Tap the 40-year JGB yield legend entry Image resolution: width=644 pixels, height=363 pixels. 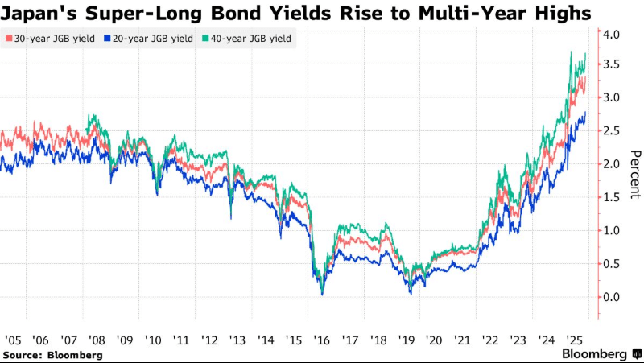(x=252, y=38)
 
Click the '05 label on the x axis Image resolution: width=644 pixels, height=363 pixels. (x=13, y=340)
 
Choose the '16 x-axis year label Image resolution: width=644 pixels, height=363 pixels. (x=322, y=340)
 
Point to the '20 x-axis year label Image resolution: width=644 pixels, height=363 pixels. (x=435, y=340)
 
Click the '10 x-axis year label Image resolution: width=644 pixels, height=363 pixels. (x=154, y=340)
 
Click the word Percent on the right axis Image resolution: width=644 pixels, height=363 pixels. (x=634, y=174)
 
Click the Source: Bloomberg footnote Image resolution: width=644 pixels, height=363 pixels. (x=52, y=354)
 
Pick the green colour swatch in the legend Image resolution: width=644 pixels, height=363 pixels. (x=204, y=38)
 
